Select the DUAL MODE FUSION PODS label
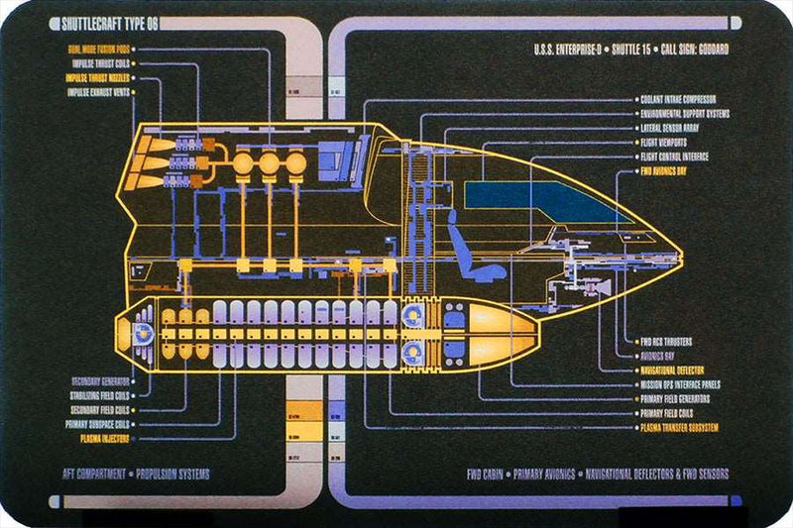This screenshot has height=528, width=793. click(x=98, y=49)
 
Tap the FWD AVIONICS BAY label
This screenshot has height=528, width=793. click(x=672, y=170)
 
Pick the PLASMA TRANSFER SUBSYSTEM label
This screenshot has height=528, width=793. click(x=680, y=427)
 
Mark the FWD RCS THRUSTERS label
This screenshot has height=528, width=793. click(x=671, y=342)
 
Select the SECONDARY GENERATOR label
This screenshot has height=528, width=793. click(x=101, y=381)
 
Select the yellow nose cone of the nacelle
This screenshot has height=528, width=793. click(x=501, y=326)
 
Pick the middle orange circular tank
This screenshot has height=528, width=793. click(x=269, y=164)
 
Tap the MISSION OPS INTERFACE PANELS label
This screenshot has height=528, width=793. click(x=680, y=384)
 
